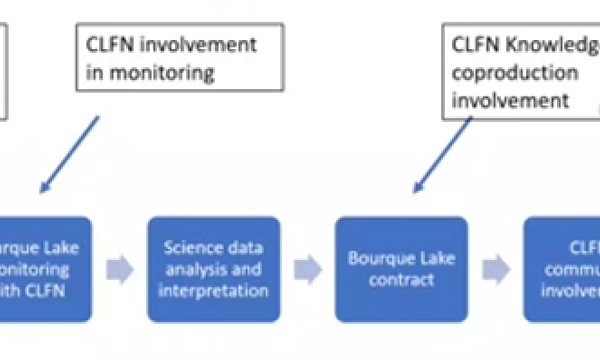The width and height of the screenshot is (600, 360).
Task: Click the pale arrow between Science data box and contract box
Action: point(307,268)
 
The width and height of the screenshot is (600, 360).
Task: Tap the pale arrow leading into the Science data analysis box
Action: point(120,268)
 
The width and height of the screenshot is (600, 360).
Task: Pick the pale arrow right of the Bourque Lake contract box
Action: point(494,268)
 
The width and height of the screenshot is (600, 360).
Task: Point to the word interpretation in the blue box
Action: point(214,290)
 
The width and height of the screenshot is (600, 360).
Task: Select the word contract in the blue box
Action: point(401,280)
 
